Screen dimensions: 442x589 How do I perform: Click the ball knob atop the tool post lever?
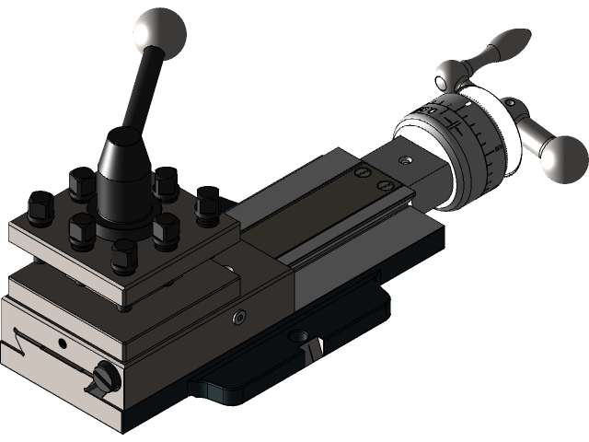[160, 33]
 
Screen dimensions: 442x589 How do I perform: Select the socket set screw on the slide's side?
[239, 316]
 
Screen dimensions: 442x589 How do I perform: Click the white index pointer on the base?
[315, 347]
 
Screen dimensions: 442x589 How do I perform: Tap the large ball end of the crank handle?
[562, 158]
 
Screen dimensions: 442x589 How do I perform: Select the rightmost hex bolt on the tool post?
[207, 201]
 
